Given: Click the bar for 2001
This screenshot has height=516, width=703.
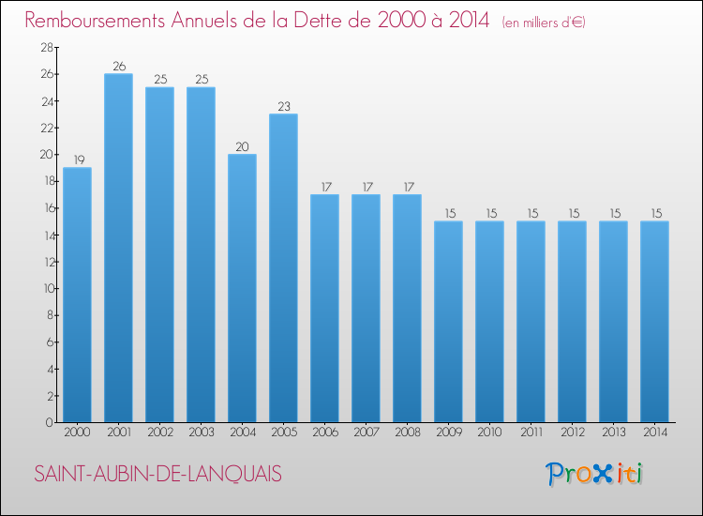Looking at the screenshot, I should pos(118,248).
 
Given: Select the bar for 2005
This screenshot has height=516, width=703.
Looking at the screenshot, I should pos(283,268).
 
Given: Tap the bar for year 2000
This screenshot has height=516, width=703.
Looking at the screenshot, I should pos(77,295).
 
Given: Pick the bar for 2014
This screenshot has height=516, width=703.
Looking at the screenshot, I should pos(654,322).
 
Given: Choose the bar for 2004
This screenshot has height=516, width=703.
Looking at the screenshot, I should pos(242,288).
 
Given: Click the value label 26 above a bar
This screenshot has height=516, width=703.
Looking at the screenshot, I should pos(118,66).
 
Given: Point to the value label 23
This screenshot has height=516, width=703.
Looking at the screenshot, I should pos(283,106).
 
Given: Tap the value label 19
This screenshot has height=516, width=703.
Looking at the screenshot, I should pos(77,159).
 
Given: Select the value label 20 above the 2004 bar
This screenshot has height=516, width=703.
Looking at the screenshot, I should pos(242,146).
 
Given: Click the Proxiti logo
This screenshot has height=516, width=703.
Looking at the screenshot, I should pos(594,474).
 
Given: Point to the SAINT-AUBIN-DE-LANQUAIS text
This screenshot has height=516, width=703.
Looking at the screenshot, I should pos(157,475).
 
